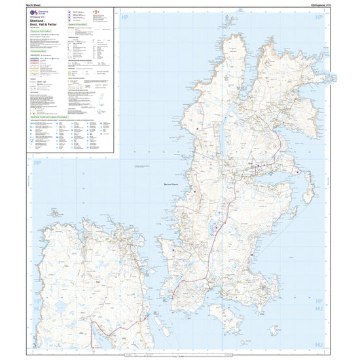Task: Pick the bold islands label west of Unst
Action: pyautogui.click(x=176, y=185)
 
